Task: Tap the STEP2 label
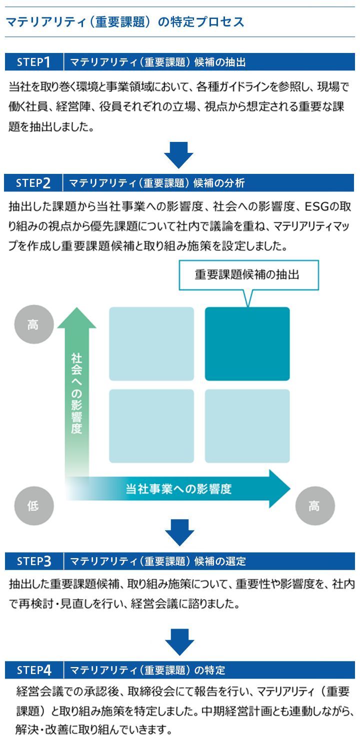pyautogui.click(x=33, y=183)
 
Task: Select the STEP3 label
pyautogui.click(x=34, y=561)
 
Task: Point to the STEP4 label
pyautogui.click(x=34, y=670)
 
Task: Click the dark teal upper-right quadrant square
pyautogui.click(x=247, y=344)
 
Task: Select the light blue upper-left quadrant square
pyautogui.click(x=151, y=344)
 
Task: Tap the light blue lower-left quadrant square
pyautogui.click(x=151, y=426)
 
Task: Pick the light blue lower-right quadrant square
pyautogui.click(x=247, y=426)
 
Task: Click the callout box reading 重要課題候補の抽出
pyautogui.click(x=249, y=275)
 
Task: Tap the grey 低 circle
pyautogui.click(x=33, y=506)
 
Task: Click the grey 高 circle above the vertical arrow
pyautogui.click(x=33, y=325)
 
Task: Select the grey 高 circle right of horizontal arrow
pyautogui.click(x=314, y=506)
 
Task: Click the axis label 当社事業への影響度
pyautogui.click(x=178, y=489)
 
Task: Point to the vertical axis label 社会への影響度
pyautogui.click(x=76, y=393)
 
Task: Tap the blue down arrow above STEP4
pyautogui.click(x=179, y=641)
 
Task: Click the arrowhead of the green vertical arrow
pyautogui.click(x=76, y=319)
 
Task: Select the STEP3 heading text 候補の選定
pyautogui.click(x=225, y=561)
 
